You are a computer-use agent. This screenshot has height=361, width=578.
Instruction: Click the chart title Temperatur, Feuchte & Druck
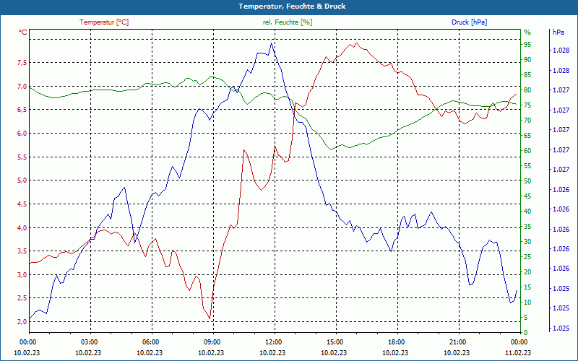pos(289,6)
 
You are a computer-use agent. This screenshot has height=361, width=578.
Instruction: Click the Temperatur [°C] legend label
pos(104,22)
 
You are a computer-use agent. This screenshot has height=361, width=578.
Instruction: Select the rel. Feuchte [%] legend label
pos(288,22)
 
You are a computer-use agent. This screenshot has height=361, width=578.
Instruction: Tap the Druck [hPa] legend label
pos(470,22)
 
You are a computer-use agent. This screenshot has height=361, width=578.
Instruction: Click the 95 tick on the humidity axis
pos(527,44)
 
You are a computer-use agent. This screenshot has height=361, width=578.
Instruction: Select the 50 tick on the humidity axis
pos(527,180)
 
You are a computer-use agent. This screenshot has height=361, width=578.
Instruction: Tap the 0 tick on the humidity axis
pos(526,333)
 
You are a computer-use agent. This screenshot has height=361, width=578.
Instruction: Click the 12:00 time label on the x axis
pos(273,342)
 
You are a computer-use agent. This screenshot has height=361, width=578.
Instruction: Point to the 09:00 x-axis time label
pos(212,342)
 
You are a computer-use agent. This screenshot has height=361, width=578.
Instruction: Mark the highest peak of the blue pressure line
pos(271,43)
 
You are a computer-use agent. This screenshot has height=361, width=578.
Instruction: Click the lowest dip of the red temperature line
pos(210,318)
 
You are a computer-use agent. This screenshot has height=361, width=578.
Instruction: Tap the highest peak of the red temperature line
pos(355,43)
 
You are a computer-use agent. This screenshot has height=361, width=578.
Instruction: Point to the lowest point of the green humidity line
pos(332,149)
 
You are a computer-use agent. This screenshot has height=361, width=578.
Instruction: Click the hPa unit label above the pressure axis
pos(558,32)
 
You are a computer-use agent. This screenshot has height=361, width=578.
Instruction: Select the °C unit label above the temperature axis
pos(23,32)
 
